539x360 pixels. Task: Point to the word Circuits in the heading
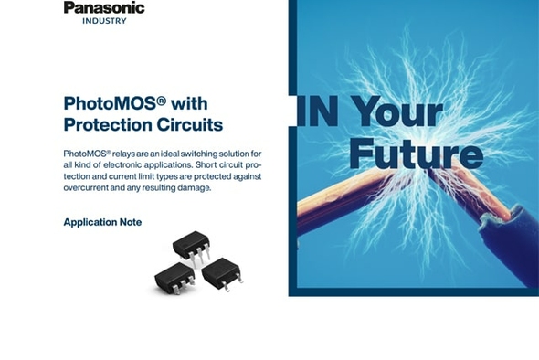(192, 124)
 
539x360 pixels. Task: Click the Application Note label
(102, 222)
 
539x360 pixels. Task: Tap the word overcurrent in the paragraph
(89, 187)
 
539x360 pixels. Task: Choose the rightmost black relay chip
(221, 272)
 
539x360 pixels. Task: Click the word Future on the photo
(415, 154)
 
